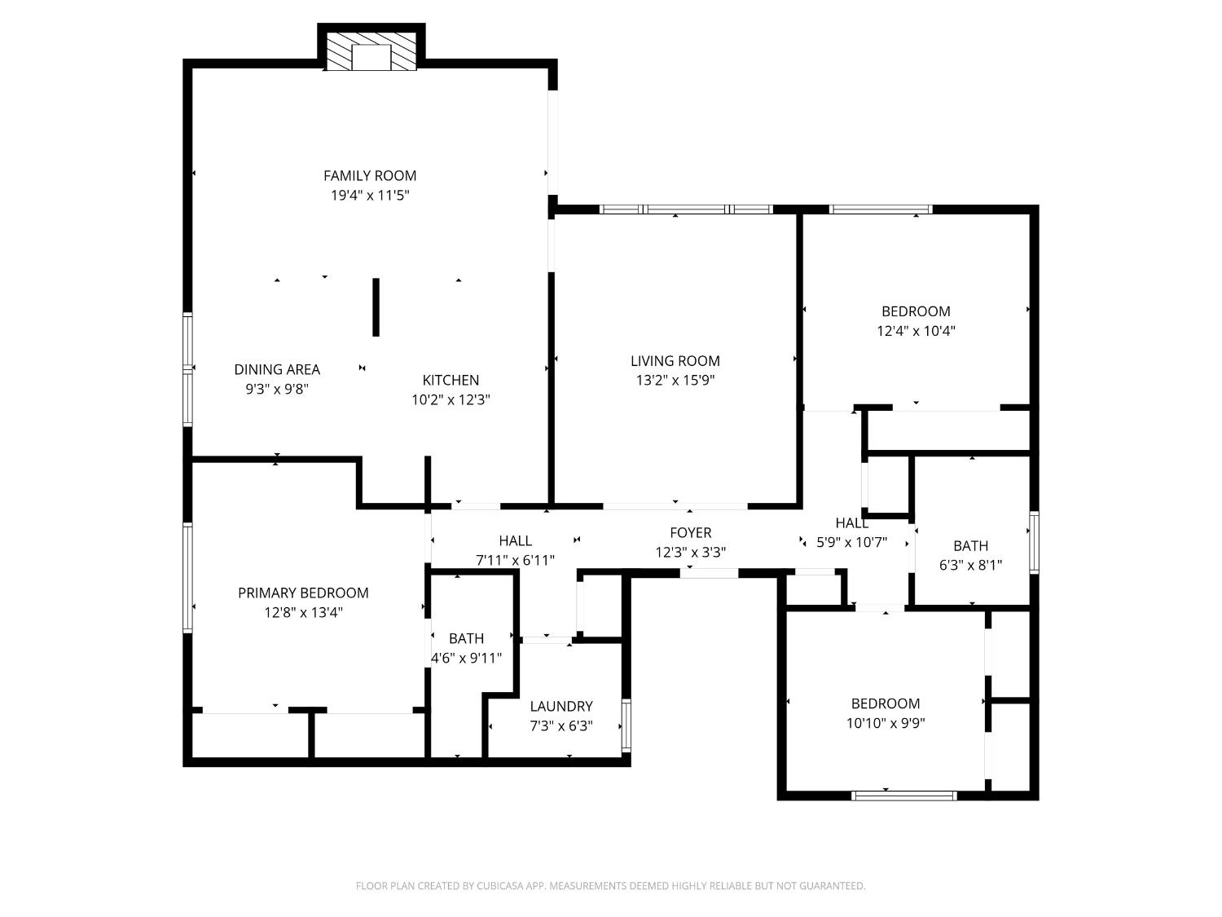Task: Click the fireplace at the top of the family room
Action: [371, 52]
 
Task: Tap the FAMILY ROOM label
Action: [370, 175]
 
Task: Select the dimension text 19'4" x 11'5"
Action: [370, 196]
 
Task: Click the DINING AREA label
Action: [277, 369]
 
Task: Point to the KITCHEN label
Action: [451, 380]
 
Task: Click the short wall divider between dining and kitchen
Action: [376, 307]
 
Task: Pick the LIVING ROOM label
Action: [675, 360]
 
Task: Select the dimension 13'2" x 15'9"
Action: [675, 381]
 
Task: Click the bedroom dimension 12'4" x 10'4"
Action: [916, 331]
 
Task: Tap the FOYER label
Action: [690, 532]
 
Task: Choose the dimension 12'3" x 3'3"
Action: [690, 553]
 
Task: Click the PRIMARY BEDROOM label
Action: [303, 593]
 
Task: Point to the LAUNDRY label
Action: [560, 706]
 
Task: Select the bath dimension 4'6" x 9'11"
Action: [466, 658]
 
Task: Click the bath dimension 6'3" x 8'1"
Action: [970, 565]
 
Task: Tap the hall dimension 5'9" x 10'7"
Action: [851, 542]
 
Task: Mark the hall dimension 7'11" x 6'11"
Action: [515, 560]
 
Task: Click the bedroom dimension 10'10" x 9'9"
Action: [886, 723]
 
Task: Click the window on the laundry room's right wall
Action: [626, 725]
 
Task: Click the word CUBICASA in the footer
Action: [499, 886]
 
